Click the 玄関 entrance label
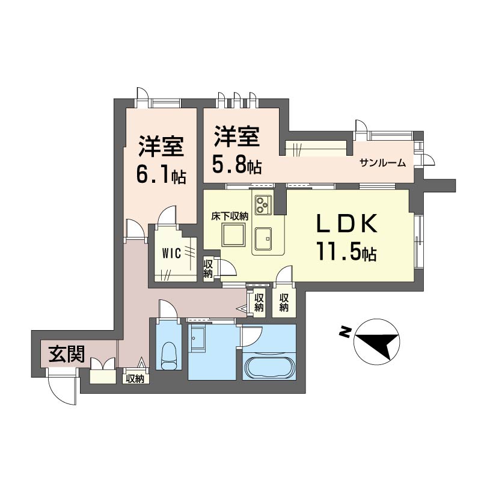point(67,354)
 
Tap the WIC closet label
point(171,254)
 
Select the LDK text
point(347,224)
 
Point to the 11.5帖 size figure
point(347,251)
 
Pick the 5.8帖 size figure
point(237,166)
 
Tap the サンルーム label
point(383,163)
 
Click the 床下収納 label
point(230,216)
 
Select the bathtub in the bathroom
point(269,367)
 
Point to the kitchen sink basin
point(263,238)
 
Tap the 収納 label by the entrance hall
point(135,379)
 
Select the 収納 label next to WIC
point(208,269)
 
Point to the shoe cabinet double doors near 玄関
point(103,364)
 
